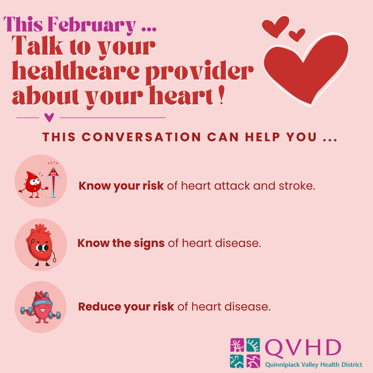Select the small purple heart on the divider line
click(50, 118)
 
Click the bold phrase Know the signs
click(121, 243)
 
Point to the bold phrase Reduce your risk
click(126, 306)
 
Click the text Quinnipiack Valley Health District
click(314, 364)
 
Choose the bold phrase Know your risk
click(121, 186)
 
